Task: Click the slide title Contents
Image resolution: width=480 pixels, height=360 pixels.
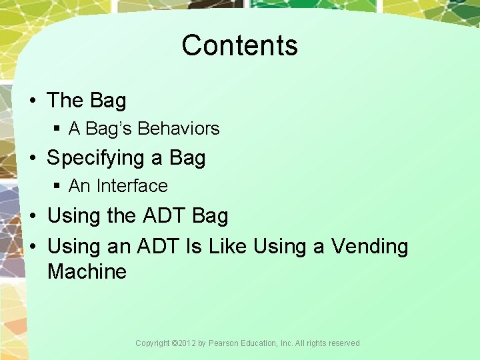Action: coord(239,45)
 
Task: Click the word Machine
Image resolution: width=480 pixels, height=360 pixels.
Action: coord(87,272)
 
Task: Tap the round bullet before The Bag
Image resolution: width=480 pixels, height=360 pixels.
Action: coord(33,101)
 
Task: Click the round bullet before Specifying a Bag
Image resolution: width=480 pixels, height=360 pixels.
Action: coord(33,159)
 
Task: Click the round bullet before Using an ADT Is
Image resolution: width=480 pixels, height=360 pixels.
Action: coord(33,247)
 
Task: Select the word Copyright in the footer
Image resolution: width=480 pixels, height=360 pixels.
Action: coord(153,343)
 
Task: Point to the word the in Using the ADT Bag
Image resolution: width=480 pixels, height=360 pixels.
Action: coord(121,217)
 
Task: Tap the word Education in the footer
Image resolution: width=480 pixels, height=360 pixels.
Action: coord(261,343)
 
